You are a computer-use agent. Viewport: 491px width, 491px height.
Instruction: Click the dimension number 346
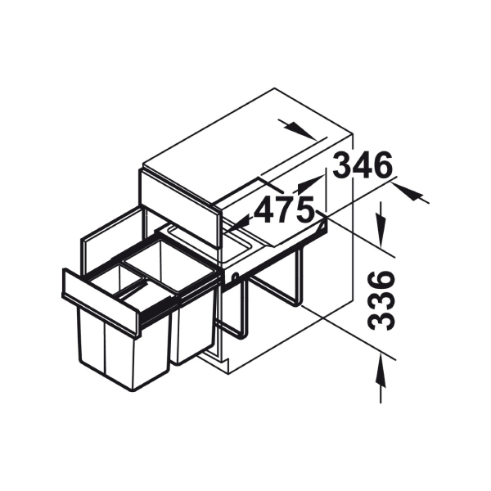point(362,165)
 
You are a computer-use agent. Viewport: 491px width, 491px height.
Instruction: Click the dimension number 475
point(284,209)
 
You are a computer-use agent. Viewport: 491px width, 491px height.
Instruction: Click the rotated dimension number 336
point(381,300)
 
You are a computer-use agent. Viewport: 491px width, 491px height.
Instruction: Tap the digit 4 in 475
point(264,209)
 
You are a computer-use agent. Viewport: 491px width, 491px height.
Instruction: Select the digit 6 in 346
point(382,165)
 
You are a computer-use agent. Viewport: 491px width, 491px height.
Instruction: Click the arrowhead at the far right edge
point(407,191)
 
